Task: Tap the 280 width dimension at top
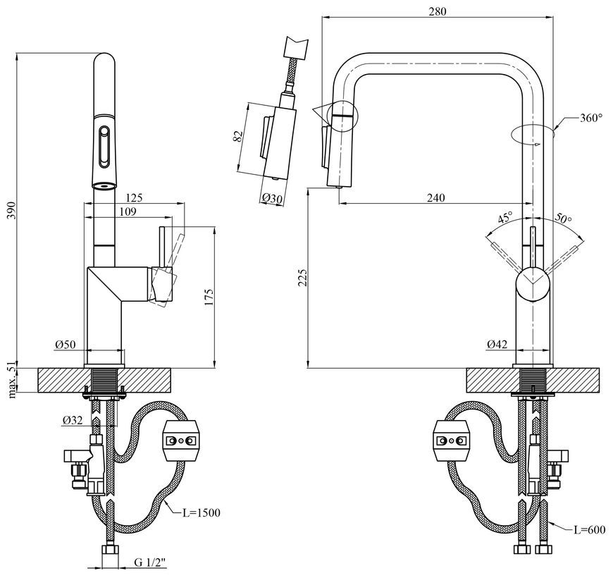click(437, 11)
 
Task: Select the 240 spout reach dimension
click(436, 197)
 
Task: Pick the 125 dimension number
click(135, 197)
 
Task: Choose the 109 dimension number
click(128, 211)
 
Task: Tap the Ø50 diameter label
click(66, 344)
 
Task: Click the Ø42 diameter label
click(497, 344)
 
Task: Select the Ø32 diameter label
click(73, 420)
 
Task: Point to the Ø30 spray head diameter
click(272, 198)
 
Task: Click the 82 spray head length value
click(238, 136)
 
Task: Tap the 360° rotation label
click(591, 118)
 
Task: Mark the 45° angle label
click(505, 217)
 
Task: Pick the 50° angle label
click(564, 219)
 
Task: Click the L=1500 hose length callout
click(202, 512)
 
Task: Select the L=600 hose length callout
click(590, 530)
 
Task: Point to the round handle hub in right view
click(533, 283)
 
